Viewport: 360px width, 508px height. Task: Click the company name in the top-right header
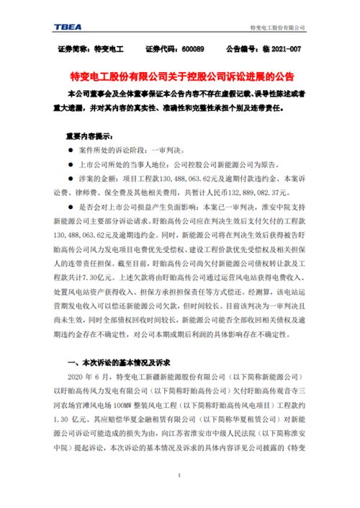click(277, 27)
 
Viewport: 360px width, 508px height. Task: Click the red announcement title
click(180, 76)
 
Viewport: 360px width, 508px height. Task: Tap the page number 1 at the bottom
click(179, 476)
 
